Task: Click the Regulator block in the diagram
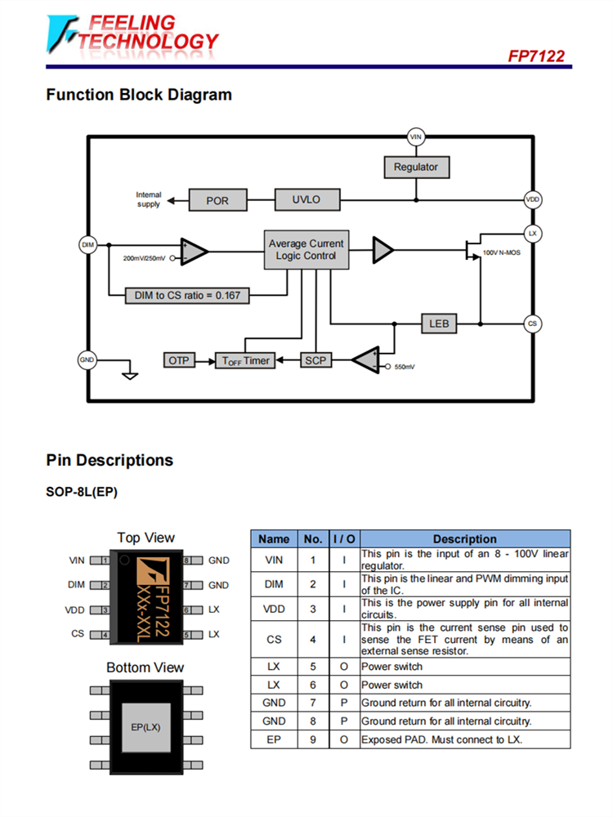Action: [x=416, y=167]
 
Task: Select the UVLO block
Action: [x=306, y=199]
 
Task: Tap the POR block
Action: [x=217, y=200]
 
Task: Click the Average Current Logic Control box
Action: [x=306, y=249]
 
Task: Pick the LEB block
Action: [x=439, y=324]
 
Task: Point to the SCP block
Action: [x=315, y=359]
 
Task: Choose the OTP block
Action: [x=180, y=359]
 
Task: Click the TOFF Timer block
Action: [x=243, y=360]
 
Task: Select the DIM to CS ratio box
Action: [x=187, y=295]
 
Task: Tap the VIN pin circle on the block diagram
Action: [x=416, y=136]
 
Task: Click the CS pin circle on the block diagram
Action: [x=533, y=324]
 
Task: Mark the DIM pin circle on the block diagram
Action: [x=88, y=244]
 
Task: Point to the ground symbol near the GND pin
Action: [x=129, y=375]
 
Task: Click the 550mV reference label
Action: [x=404, y=368]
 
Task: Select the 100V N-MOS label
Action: [x=501, y=253]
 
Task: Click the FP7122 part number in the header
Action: [x=536, y=56]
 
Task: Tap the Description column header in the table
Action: [x=464, y=538]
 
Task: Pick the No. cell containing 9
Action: [x=312, y=739]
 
